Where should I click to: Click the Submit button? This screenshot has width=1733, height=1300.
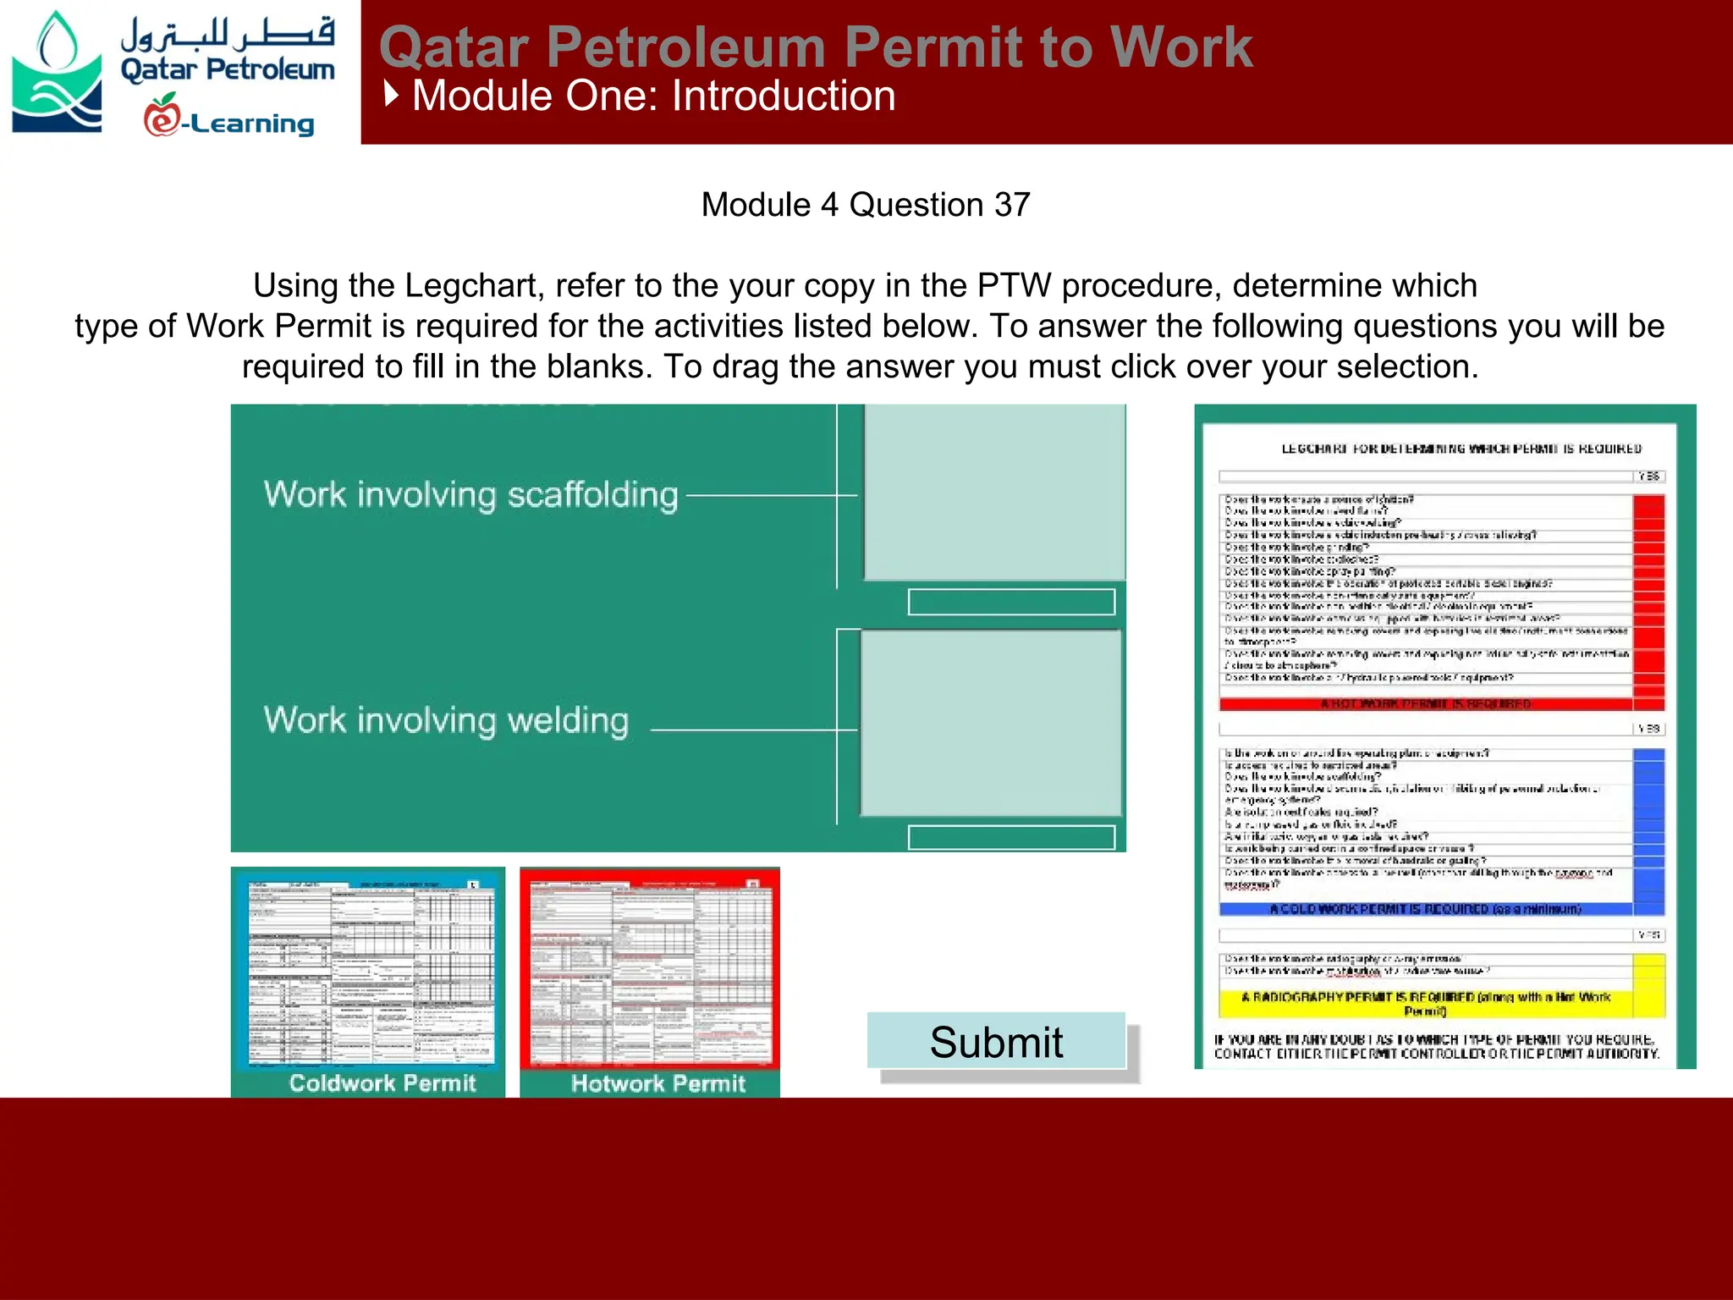tap(996, 1041)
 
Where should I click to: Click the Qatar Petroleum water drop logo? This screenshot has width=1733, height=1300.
tap(56, 72)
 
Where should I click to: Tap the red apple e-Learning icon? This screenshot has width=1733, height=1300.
tap(162, 116)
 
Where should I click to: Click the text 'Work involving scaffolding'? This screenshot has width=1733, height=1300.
tap(470, 495)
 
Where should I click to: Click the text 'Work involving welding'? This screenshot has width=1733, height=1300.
tap(446, 720)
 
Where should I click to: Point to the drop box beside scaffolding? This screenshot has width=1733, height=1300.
tap(993, 492)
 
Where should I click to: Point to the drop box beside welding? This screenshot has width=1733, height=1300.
tap(991, 724)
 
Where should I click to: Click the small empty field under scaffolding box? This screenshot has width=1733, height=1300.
tap(1011, 602)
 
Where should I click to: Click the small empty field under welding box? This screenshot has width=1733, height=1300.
tap(1011, 837)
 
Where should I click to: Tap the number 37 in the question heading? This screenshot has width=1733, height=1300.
tap(1012, 205)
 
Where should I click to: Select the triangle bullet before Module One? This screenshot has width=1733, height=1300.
tap(391, 94)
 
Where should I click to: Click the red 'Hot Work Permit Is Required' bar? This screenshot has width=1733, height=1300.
tap(1426, 703)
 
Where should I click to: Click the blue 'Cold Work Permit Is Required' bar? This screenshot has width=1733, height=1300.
tap(1426, 909)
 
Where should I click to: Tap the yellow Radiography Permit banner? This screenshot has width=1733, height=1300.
tap(1426, 1003)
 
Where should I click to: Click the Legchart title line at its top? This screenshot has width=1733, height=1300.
tap(1461, 449)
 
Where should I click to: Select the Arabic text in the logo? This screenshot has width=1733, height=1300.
tap(227, 34)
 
